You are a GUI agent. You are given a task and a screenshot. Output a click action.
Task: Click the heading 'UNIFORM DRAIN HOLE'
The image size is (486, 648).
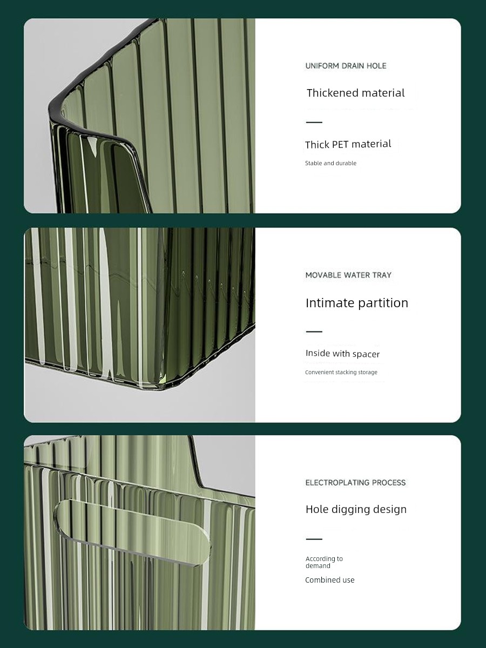[346, 66]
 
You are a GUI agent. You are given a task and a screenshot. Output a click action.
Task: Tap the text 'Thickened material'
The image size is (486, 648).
[355, 93]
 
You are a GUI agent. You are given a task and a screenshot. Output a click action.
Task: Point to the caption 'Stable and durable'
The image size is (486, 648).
[331, 163]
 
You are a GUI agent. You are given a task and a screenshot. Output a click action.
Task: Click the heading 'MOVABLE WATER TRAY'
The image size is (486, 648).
[348, 275]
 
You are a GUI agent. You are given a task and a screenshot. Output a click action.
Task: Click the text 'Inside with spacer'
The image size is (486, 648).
[342, 353]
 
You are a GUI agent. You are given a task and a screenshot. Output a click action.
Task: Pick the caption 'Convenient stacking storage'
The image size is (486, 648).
[341, 372]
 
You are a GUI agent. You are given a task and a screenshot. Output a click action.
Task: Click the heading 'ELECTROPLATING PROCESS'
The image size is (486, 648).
[355, 483]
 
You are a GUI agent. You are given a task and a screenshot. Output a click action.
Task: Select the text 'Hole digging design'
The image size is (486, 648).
[356, 509]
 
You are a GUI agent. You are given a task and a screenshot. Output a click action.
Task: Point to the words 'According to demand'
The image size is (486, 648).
[324, 562]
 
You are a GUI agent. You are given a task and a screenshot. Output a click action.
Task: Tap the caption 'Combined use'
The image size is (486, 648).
[329, 580]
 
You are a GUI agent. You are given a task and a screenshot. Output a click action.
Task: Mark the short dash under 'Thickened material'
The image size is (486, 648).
[314, 122]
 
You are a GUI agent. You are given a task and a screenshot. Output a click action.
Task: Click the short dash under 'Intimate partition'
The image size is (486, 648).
[314, 332]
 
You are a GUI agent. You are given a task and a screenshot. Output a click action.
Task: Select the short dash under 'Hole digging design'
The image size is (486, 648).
[314, 539]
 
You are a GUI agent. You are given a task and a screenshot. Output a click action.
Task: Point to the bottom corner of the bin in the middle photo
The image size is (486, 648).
[159, 390]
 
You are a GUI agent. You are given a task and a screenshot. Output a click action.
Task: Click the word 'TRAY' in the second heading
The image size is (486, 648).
[382, 275]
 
